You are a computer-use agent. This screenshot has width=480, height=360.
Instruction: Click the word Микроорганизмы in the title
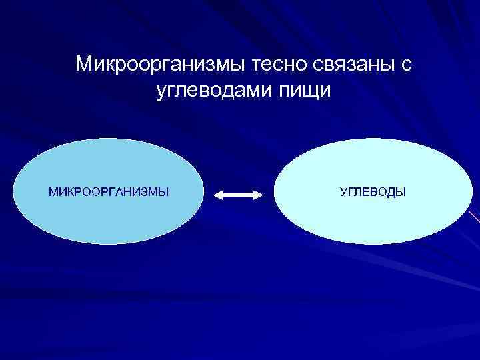point(161,65)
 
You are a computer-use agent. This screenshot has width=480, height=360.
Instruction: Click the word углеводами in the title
point(213,91)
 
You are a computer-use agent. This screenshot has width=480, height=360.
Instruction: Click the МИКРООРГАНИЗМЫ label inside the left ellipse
point(109,193)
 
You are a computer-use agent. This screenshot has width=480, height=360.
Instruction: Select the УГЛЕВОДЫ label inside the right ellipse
point(373,193)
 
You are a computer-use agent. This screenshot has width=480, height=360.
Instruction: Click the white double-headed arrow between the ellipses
point(239,195)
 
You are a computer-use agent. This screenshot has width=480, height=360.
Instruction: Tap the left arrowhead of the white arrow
point(218,195)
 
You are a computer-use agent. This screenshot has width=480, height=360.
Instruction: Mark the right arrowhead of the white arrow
point(261,195)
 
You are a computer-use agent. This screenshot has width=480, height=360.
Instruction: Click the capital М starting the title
point(83,65)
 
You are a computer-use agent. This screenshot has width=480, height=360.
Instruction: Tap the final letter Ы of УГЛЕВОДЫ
point(401,193)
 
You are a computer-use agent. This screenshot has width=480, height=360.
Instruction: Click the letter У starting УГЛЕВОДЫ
point(343,193)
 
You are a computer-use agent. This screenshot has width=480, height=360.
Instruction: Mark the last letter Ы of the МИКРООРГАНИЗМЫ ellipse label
point(163,193)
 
